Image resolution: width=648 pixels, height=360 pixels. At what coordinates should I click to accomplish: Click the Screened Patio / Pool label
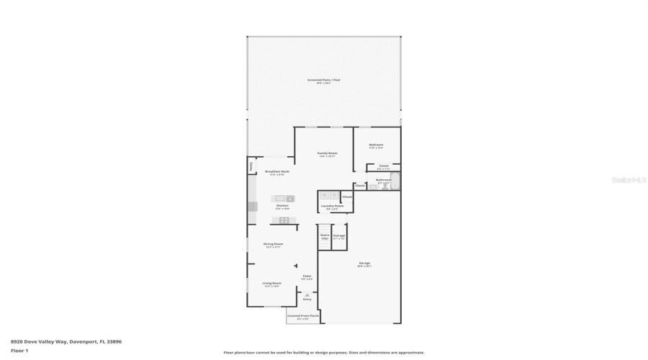tap(323, 80)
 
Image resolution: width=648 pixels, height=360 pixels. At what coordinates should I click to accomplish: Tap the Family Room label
tap(328, 153)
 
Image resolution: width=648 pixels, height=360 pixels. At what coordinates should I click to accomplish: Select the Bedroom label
tap(376, 145)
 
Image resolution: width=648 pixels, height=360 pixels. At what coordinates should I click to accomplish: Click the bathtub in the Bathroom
tap(395, 181)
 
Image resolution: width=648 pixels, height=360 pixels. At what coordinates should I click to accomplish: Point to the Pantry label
tap(251, 166)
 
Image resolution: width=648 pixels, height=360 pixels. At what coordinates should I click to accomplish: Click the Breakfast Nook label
tap(276, 171)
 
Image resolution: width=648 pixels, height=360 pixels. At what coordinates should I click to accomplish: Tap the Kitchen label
tap(282, 205)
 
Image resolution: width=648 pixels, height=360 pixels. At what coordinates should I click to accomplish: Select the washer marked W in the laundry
tap(324, 195)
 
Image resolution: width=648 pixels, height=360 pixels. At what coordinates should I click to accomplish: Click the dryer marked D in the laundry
tap(334, 195)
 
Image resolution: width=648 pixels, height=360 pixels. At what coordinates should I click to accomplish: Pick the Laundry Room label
tap(332, 206)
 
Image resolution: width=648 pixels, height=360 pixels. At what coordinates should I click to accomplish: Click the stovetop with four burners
tap(284, 220)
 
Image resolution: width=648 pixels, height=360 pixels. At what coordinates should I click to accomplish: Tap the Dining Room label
tap(274, 244)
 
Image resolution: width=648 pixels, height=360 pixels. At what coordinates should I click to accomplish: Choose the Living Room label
tap(271, 284)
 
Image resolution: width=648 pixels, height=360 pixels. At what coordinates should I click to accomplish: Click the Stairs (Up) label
tap(325, 235)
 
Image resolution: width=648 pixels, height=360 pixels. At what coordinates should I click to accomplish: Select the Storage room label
tap(338, 235)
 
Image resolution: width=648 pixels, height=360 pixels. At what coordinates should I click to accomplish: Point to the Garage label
tap(364, 264)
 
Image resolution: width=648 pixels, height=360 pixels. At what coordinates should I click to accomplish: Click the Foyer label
tap(307, 276)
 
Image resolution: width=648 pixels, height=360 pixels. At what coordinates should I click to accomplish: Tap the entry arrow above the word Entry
tap(307, 294)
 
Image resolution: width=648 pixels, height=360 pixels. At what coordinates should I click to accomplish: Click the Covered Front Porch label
tap(303, 315)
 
